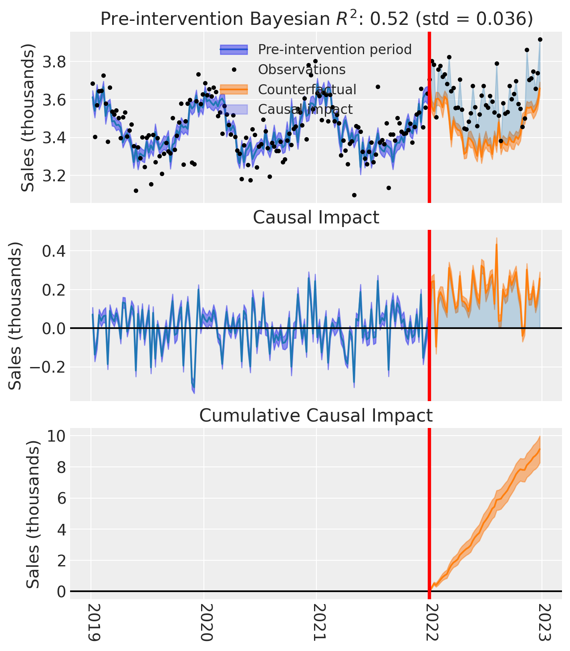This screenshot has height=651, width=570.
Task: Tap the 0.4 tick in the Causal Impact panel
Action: click(55, 251)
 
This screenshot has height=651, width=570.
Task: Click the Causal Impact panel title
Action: click(316, 217)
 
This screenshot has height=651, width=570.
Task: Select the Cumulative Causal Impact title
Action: click(316, 416)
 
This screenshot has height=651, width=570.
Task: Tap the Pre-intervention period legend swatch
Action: click(234, 50)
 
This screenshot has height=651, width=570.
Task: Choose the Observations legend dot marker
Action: click(234, 69)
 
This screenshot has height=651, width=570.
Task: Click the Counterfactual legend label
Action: click(307, 89)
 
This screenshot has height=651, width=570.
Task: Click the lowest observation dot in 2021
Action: click(354, 195)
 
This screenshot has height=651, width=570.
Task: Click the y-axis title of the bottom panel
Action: click(33, 514)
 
